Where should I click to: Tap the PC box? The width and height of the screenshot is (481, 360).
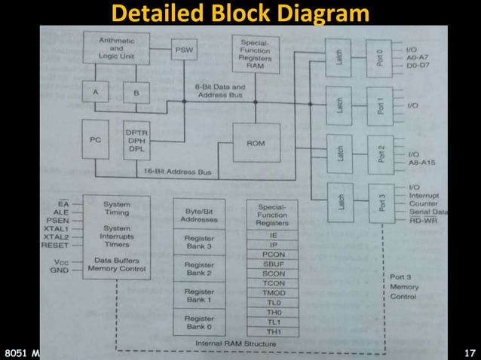click(96, 140)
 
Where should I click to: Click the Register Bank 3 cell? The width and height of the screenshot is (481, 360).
click(199, 241)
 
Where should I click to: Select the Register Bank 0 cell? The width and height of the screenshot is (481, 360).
click(199, 322)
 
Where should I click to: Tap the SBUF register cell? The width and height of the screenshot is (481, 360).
click(272, 264)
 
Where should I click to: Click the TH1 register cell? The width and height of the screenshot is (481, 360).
click(272, 332)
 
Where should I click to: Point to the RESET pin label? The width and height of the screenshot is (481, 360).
click(56, 245)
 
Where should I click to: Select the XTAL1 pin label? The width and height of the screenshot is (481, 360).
click(56, 228)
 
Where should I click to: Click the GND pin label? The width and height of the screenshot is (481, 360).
click(60, 269)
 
